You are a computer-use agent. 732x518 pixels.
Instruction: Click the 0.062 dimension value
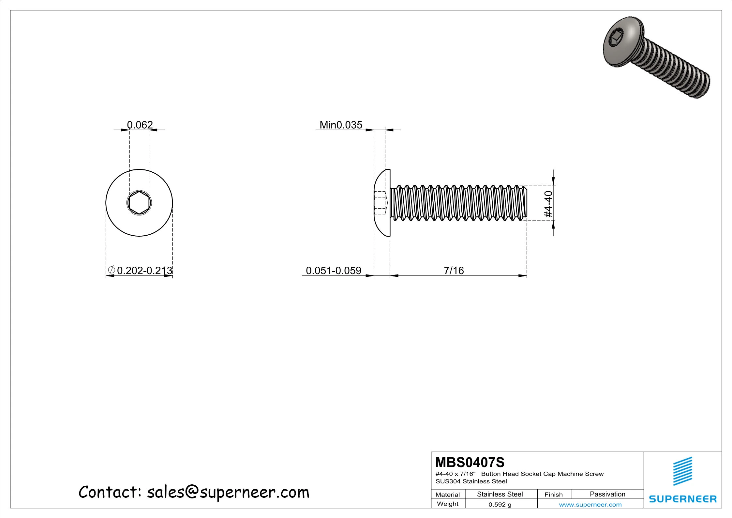tap(140, 125)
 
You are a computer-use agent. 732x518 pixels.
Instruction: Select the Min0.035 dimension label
tap(341, 125)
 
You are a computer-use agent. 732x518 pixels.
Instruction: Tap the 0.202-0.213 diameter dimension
tap(144, 270)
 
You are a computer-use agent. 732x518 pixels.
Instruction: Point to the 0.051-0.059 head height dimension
tap(333, 270)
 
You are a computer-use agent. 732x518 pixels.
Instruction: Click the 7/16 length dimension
tap(454, 270)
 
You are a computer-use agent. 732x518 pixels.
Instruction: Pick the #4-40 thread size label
tap(548, 204)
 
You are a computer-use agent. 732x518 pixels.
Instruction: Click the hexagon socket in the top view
tap(139, 203)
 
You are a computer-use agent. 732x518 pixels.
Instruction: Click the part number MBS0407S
tap(470, 463)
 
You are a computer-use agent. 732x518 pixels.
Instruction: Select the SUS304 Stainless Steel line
tap(471, 481)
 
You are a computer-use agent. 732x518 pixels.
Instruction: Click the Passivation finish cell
tap(607, 494)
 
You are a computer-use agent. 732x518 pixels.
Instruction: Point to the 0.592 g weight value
tap(500, 505)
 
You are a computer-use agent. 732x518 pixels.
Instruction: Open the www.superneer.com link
tap(590, 505)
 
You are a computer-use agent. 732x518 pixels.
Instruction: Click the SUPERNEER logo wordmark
tap(683, 499)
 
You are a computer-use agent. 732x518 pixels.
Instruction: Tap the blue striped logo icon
tap(683, 471)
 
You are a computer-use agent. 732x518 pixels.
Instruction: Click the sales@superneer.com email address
tap(228, 492)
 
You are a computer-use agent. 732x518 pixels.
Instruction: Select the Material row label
tap(447, 494)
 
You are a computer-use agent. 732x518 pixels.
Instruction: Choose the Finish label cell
tap(553, 494)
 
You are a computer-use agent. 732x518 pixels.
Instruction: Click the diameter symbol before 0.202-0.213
tap(111, 270)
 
